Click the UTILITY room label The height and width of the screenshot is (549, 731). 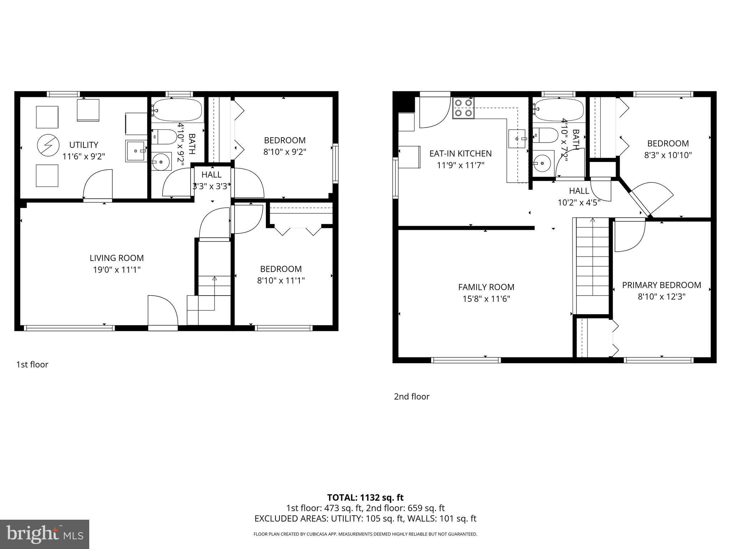tap(84, 145)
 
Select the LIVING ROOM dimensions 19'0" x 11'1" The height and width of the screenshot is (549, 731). tap(117, 270)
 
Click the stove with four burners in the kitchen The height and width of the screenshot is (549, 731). tap(463, 108)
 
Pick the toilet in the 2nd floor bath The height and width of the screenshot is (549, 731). tap(545, 135)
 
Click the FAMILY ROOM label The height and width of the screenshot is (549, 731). tap(486, 287)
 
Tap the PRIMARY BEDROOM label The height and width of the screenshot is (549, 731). tap(661, 285)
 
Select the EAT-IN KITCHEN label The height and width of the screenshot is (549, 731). tap(460, 153)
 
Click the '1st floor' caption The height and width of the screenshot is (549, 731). tap(32, 365)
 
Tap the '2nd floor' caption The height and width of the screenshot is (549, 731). tap(412, 396)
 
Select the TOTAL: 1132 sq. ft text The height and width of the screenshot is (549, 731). tap(365, 497)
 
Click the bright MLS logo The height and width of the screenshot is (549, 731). tap(45, 534)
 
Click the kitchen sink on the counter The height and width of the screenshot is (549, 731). tap(518, 139)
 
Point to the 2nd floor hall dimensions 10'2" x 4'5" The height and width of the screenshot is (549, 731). tap(579, 203)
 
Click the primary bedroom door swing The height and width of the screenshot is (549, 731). tap(629, 236)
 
